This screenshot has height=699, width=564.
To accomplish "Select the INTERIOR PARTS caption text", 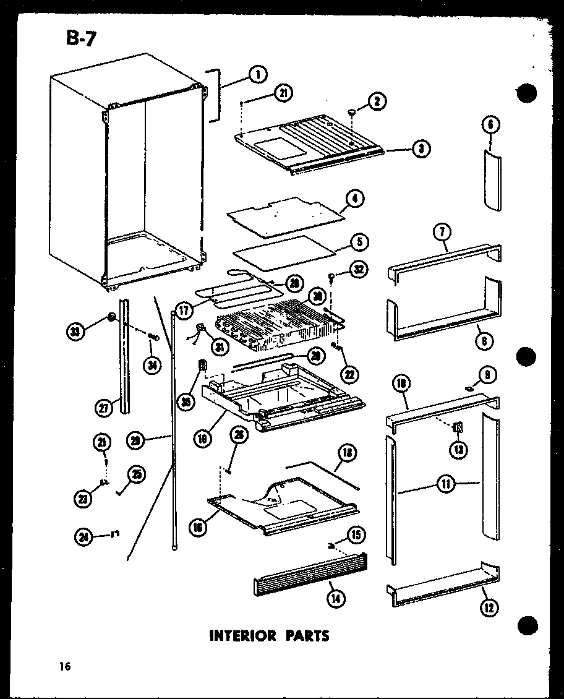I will pyautogui.click(x=270, y=635).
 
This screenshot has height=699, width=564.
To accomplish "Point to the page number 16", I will pyautogui.click(x=65, y=666).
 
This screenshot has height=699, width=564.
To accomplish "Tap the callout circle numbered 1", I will pyautogui.click(x=257, y=74).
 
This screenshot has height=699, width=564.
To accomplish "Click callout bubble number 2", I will pyautogui.click(x=377, y=101).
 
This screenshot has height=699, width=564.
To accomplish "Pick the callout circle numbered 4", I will pyautogui.click(x=354, y=199).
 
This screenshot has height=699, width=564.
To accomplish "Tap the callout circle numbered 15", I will pyautogui.click(x=357, y=534).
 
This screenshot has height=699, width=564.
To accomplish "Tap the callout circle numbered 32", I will pyautogui.click(x=359, y=268).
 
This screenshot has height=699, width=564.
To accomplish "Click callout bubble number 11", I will pyautogui.click(x=445, y=484).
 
